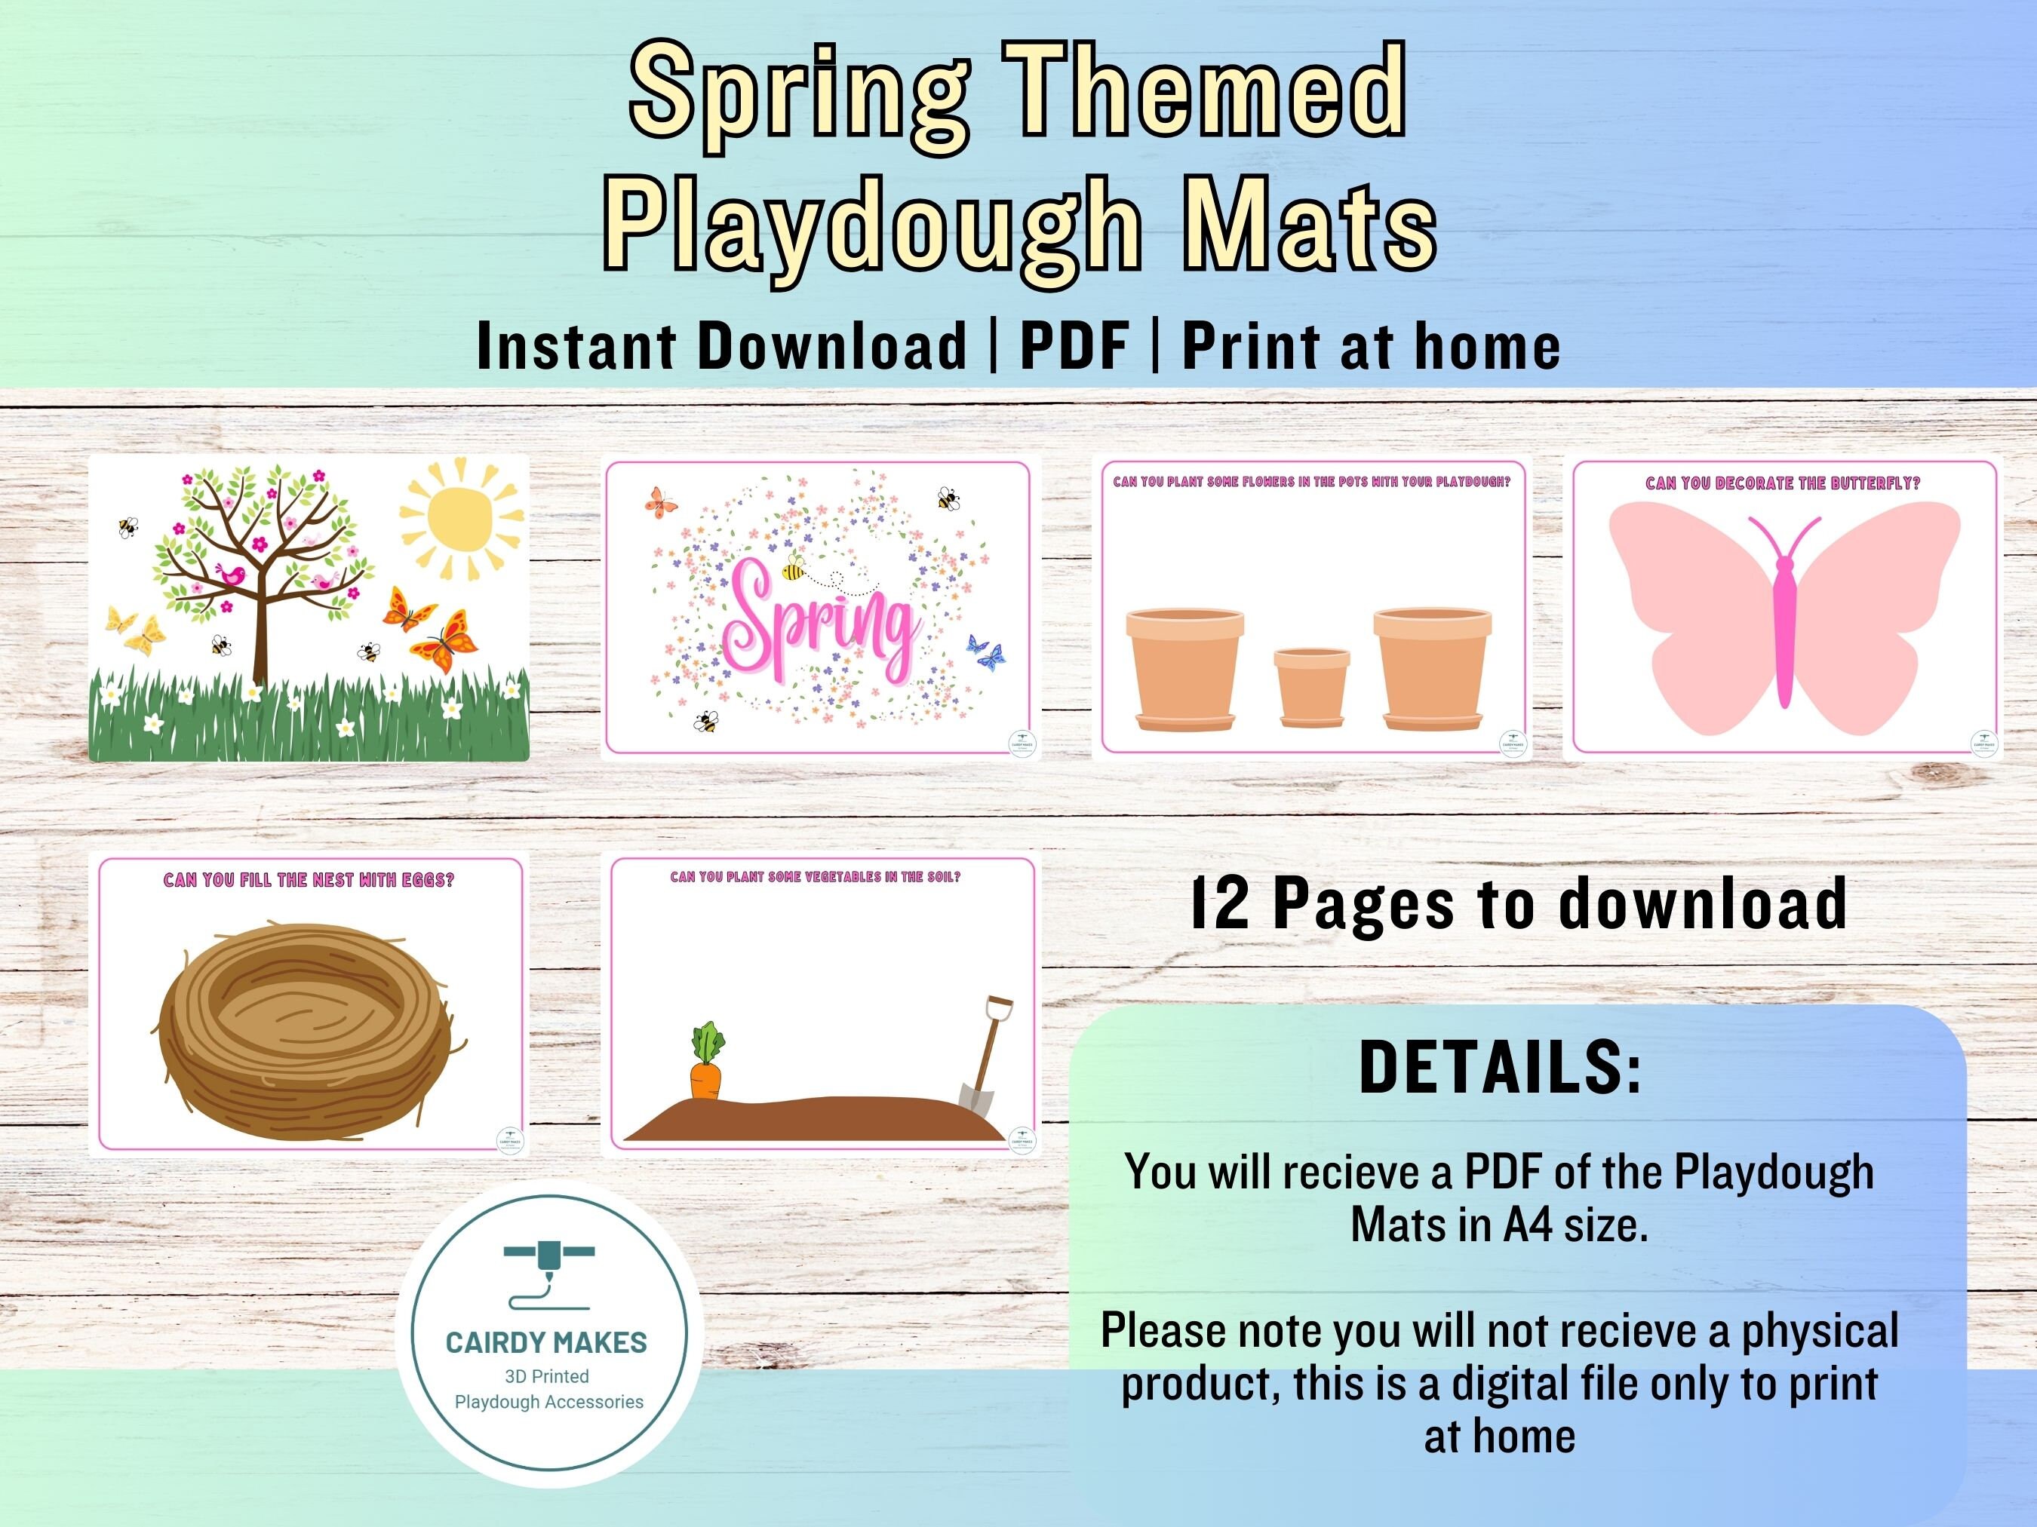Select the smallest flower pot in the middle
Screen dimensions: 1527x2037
[x=1311, y=685]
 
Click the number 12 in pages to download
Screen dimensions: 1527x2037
[x=1219, y=904]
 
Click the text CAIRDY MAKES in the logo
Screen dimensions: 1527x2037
[x=546, y=1343]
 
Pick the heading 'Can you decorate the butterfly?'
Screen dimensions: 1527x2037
[x=1783, y=483]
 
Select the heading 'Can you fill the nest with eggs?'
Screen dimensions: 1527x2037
[x=309, y=880]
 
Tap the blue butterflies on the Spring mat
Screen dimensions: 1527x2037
[x=985, y=652]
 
